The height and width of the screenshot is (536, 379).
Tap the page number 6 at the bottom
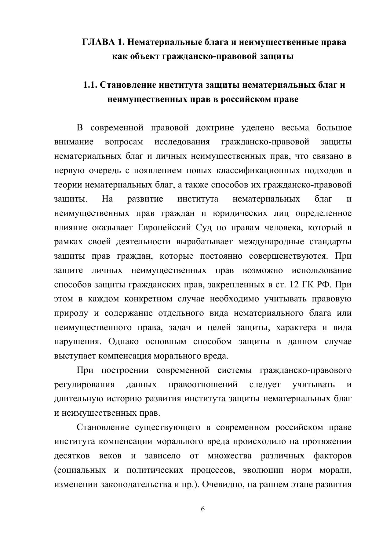point(203,509)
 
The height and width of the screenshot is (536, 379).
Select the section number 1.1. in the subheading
point(90,85)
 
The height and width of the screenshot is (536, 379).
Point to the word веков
point(110,456)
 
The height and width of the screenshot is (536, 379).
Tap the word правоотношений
point(203,385)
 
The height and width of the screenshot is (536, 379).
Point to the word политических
point(155,470)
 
